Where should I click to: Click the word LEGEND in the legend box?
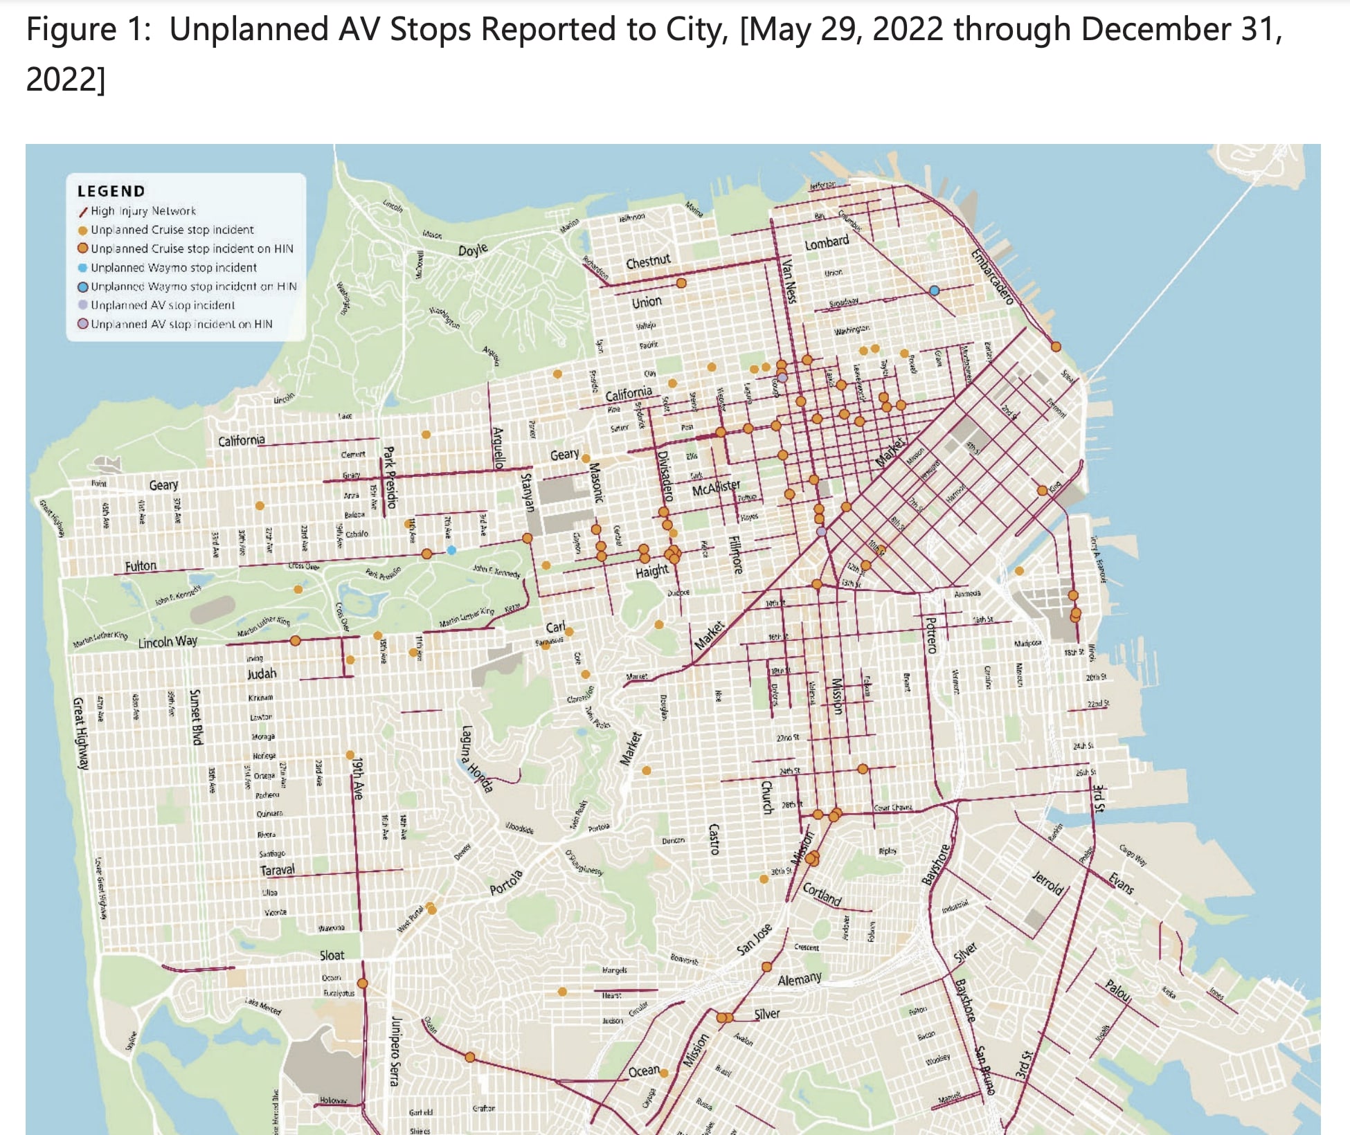(x=111, y=192)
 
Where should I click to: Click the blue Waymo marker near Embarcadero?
(x=934, y=291)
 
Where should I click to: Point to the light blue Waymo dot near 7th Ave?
(x=451, y=550)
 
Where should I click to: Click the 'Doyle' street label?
(x=473, y=250)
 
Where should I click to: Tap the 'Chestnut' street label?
(x=648, y=262)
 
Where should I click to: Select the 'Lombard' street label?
(x=826, y=243)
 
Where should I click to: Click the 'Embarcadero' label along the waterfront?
(x=992, y=276)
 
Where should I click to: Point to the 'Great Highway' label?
(x=82, y=734)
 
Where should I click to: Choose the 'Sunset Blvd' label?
(x=196, y=717)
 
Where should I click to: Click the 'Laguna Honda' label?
(x=477, y=759)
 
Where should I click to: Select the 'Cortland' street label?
(x=822, y=894)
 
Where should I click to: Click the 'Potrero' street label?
(x=931, y=635)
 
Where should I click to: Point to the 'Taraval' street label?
(x=277, y=870)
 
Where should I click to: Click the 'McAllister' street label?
(x=716, y=487)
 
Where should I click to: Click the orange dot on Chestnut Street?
(x=681, y=283)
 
